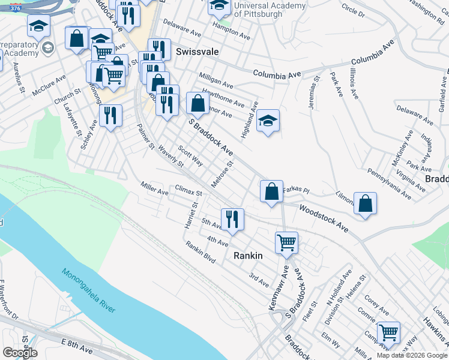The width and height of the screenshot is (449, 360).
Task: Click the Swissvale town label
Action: click(197, 52)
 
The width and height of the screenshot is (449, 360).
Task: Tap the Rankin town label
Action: click(247, 256)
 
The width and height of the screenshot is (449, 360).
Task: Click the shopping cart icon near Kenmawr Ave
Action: click(286, 243)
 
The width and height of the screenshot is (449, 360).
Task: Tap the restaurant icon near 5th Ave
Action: click(232, 220)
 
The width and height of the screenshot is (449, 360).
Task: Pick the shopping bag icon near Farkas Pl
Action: click(271, 192)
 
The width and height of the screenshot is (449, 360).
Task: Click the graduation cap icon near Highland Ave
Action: click(268, 122)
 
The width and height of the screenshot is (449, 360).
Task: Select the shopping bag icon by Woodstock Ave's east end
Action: click(365, 204)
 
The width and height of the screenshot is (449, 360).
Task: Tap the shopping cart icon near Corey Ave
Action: click(388, 333)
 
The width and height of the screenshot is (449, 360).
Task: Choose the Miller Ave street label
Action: click(154, 188)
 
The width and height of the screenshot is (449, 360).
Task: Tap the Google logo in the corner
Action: click(20, 352)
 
